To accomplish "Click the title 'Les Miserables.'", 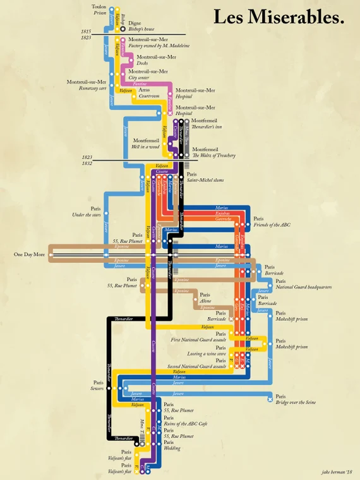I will pyautogui.click(x=279, y=17).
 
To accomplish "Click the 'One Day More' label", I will pyautogui.click(x=30, y=255).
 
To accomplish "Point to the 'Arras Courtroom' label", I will pyautogui.click(x=148, y=93).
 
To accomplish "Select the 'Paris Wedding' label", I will pyautogui.click(x=171, y=446).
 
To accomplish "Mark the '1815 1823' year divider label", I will pyautogui.click(x=87, y=35).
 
